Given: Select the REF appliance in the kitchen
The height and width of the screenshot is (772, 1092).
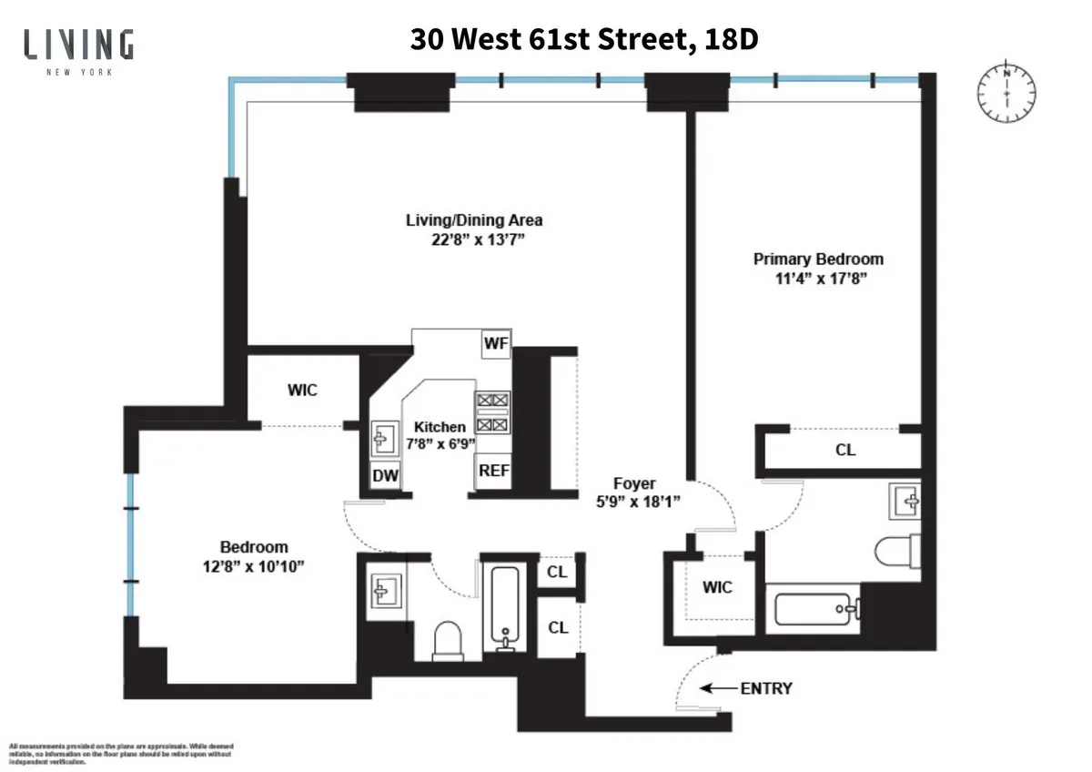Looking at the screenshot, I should coord(494,471).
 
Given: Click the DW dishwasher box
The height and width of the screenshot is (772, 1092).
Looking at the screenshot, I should coord(384,474).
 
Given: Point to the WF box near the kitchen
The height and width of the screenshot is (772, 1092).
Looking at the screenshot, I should coord(496,343).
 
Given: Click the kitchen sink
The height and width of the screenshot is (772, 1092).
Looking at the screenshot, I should coord(381,438).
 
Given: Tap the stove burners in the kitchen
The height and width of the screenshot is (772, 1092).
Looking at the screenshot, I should coord(492,411).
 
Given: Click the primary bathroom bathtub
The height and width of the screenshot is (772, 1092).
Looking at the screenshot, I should coord(816,607).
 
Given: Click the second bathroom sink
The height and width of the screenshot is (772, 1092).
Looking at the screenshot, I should coord(383,592).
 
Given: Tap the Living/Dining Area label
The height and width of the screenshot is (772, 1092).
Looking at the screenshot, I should coord(474,220).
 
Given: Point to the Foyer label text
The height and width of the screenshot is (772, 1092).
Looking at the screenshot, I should coord(633,484).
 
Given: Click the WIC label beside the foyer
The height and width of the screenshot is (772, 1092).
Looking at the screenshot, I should coord(717,587).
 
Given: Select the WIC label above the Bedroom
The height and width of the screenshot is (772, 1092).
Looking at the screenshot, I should coord(302,390).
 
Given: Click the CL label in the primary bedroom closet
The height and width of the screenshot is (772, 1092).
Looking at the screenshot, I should coord(845,450).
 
